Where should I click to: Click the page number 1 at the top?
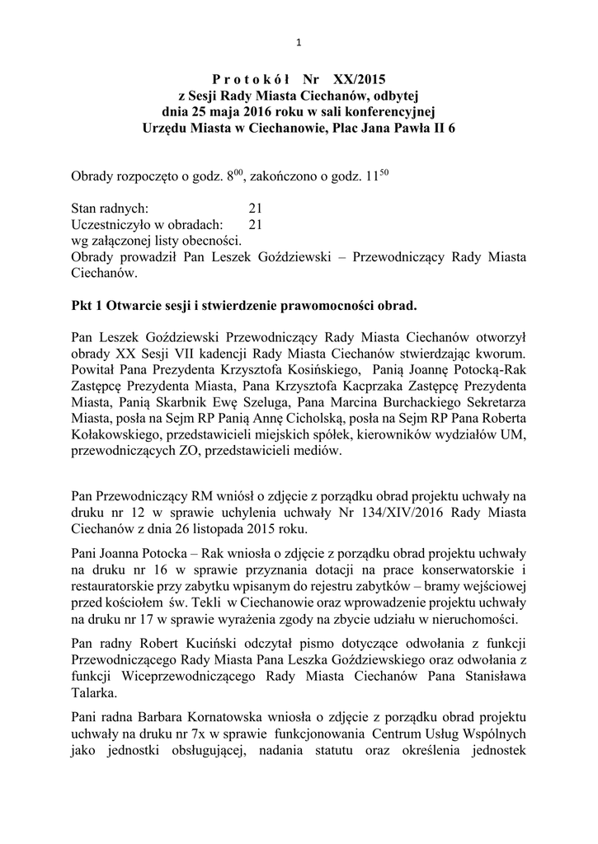point(299,44)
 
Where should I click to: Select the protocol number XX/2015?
point(360,81)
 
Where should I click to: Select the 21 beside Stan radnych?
point(255,209)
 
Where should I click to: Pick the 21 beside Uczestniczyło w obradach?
point(255,225)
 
